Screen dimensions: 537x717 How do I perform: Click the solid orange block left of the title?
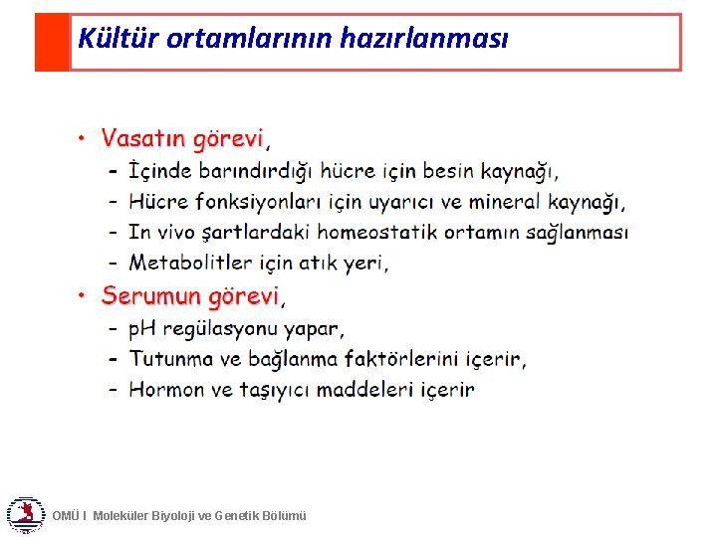[52, 42]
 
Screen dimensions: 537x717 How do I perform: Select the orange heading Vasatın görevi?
[183, 138]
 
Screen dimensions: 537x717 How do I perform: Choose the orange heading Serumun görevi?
[190, 296]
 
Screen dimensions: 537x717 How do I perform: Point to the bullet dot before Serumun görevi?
[83, 296]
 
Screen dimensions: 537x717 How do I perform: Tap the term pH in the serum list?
[143, 328]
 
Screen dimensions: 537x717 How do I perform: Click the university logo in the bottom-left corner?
[24, 514]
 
